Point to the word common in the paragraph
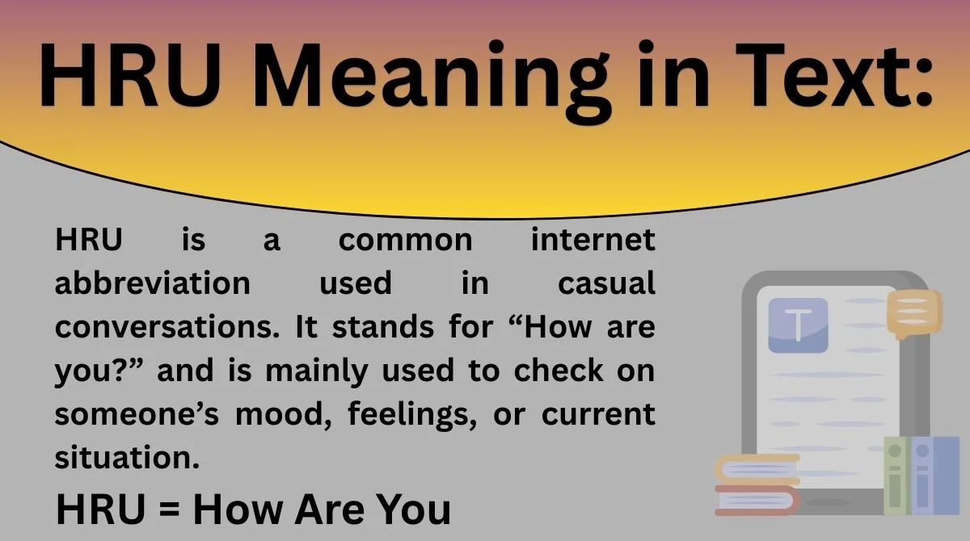tap(405, 241)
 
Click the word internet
tap(593, 241)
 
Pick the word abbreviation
tap(153, 283)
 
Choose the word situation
tap(127, 458)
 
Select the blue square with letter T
tap(798, 325)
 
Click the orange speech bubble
tap(914, 314)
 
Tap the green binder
tap(895, 476)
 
